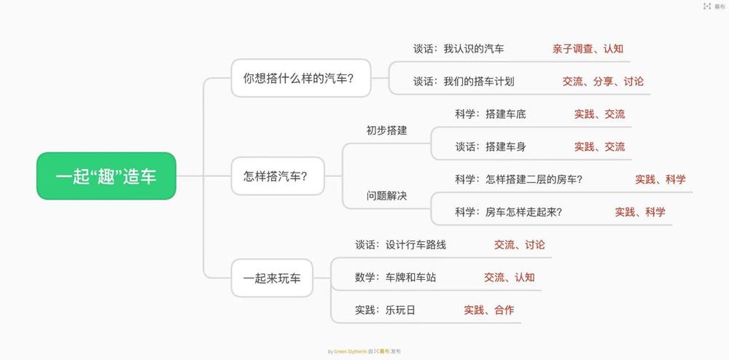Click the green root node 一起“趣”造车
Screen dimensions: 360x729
106,176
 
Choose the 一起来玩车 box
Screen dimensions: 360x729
271,278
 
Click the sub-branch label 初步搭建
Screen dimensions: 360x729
386,130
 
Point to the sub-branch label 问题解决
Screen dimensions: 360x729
386,196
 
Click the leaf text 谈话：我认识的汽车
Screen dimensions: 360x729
459,49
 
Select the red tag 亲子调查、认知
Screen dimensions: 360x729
588,49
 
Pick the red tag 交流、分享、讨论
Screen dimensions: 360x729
603,82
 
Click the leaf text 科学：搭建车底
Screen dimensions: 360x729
490,114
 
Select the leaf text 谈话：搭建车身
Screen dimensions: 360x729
490,146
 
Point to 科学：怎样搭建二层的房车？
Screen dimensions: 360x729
518,179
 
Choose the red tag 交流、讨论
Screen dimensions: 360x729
519,245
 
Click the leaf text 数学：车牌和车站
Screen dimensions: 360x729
395,277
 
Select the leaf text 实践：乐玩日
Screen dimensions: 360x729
385,310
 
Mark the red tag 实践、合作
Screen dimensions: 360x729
488,310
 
